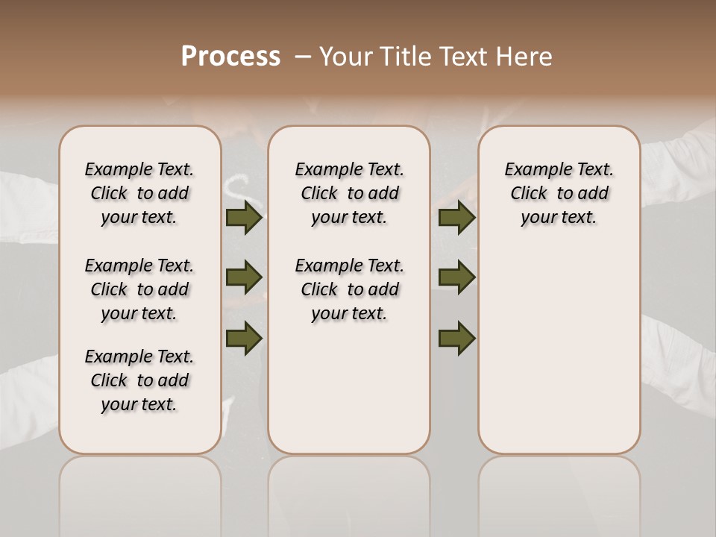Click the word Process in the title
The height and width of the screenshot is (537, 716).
click(230, 56)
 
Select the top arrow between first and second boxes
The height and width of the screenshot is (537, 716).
click(244, 218)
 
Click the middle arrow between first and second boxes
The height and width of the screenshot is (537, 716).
click(244, 277)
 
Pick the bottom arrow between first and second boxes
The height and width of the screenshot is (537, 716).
click(244, 338)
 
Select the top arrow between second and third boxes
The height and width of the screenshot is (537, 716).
click(456, 218)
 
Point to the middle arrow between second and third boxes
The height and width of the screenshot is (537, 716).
click(456, 277)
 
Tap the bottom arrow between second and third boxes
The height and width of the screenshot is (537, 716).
click(456, 338)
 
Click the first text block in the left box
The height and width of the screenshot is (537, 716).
click(139, 193)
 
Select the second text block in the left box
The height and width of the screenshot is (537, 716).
click(139, 289)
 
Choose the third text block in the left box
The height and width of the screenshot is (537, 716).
click(139, 380)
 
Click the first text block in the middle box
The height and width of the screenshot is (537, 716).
click(349, 193)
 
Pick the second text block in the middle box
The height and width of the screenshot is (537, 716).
click(349, 289)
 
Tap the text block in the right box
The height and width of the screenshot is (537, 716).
click(559, 193)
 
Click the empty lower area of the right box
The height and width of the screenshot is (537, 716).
click(559, 351)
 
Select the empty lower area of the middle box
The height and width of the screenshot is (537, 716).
click(349, 388)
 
